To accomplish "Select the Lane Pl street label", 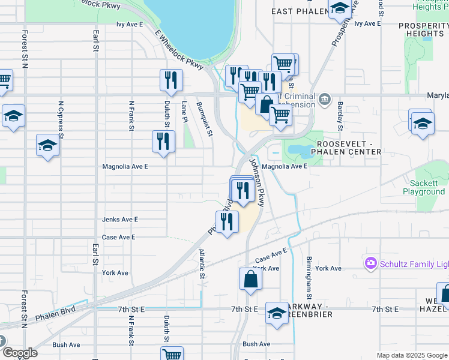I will pyautogui.click(x=185, y=112).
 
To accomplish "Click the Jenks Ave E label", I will pyautogui.click(x=120, y=220).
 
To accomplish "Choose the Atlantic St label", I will pyautogui.click(x=202, y=264).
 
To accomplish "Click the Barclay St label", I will pyautogui.click(x=340, y=116).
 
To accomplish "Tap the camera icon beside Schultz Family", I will pyautogui.click(x=371, y=263).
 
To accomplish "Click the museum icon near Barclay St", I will pyautogui.click(x=325, y=98).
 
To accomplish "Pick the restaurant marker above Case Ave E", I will pyautogui.click(x=227, y=222).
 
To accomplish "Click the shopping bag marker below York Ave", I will pyautogui.click(x=250, y=280).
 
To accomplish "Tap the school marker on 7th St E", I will pyautogui.click(x=277, y=313).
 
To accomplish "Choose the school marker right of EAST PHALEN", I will pyautogui.click(x=340, y=8).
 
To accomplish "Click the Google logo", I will pyautogui.click(x=19, y=353).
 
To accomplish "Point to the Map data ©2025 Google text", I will pyautogui.click(x=411, y=355).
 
